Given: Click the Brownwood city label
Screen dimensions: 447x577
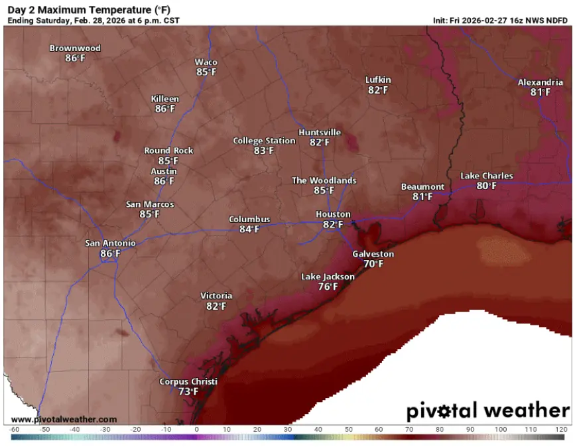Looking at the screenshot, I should pos(75,48).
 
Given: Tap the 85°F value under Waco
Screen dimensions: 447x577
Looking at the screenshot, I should pos(206,72).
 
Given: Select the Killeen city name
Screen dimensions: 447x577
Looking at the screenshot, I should pos(164,99).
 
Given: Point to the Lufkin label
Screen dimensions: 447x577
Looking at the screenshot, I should pos(378,80).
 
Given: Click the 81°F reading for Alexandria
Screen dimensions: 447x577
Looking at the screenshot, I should pos(541,93).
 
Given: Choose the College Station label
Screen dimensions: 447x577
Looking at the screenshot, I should pos(264,141).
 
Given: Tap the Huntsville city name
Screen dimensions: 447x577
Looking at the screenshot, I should pos(320,133).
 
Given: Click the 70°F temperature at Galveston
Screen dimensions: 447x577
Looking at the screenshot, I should pos(373,264).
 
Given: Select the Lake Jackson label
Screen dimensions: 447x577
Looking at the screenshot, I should pos(328,277).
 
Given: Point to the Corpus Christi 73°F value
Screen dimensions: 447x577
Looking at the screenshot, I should pos(188,392).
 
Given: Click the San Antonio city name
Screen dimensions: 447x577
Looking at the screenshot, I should pos(110,243).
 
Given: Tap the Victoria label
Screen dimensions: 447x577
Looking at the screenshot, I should pos(216,296).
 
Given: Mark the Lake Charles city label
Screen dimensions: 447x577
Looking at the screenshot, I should pos(487,176).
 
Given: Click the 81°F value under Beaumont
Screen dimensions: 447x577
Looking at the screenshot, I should pos(422,197).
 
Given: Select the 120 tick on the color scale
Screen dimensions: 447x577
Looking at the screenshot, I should pos(560,430).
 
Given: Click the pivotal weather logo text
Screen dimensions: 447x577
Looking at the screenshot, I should pos(487,411).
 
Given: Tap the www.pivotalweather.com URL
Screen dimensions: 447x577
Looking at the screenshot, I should pos(64,419).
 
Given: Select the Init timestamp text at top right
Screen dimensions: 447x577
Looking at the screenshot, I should pos(501,21).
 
